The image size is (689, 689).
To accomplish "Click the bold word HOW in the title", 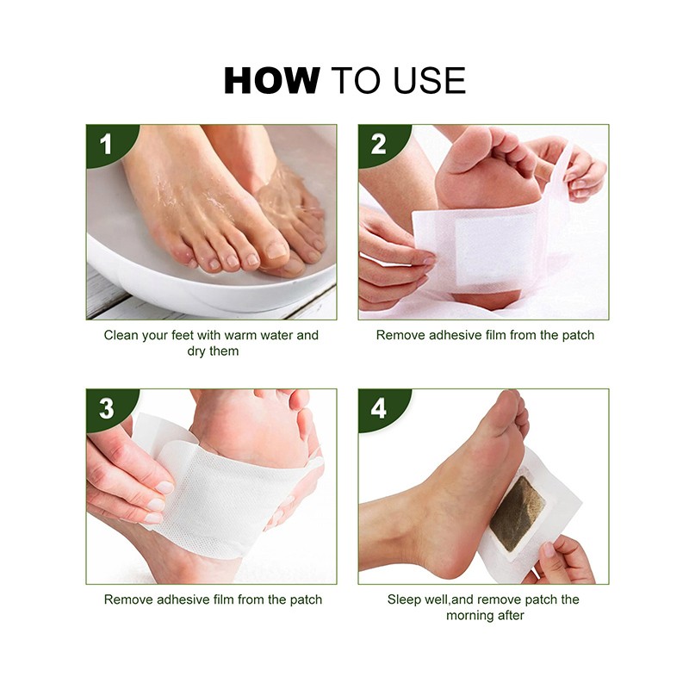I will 271,80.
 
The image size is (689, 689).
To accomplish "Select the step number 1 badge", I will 105,144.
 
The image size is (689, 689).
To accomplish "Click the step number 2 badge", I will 378,144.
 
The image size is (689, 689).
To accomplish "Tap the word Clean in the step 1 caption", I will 121,335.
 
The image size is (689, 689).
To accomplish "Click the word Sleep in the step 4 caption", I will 405,599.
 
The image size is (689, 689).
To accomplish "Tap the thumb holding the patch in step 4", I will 549,550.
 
